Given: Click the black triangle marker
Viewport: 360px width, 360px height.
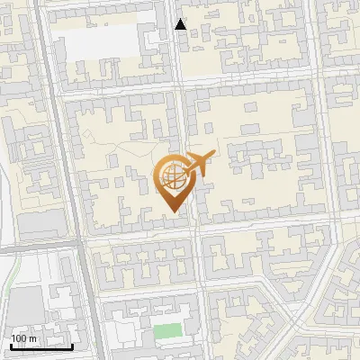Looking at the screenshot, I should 181,24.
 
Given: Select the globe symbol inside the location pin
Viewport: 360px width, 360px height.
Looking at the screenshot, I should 171,177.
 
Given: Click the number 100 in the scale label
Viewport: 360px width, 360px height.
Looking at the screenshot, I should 18,338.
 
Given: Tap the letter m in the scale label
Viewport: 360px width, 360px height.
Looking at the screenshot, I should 31,338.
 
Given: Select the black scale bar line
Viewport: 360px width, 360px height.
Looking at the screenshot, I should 40,346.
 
